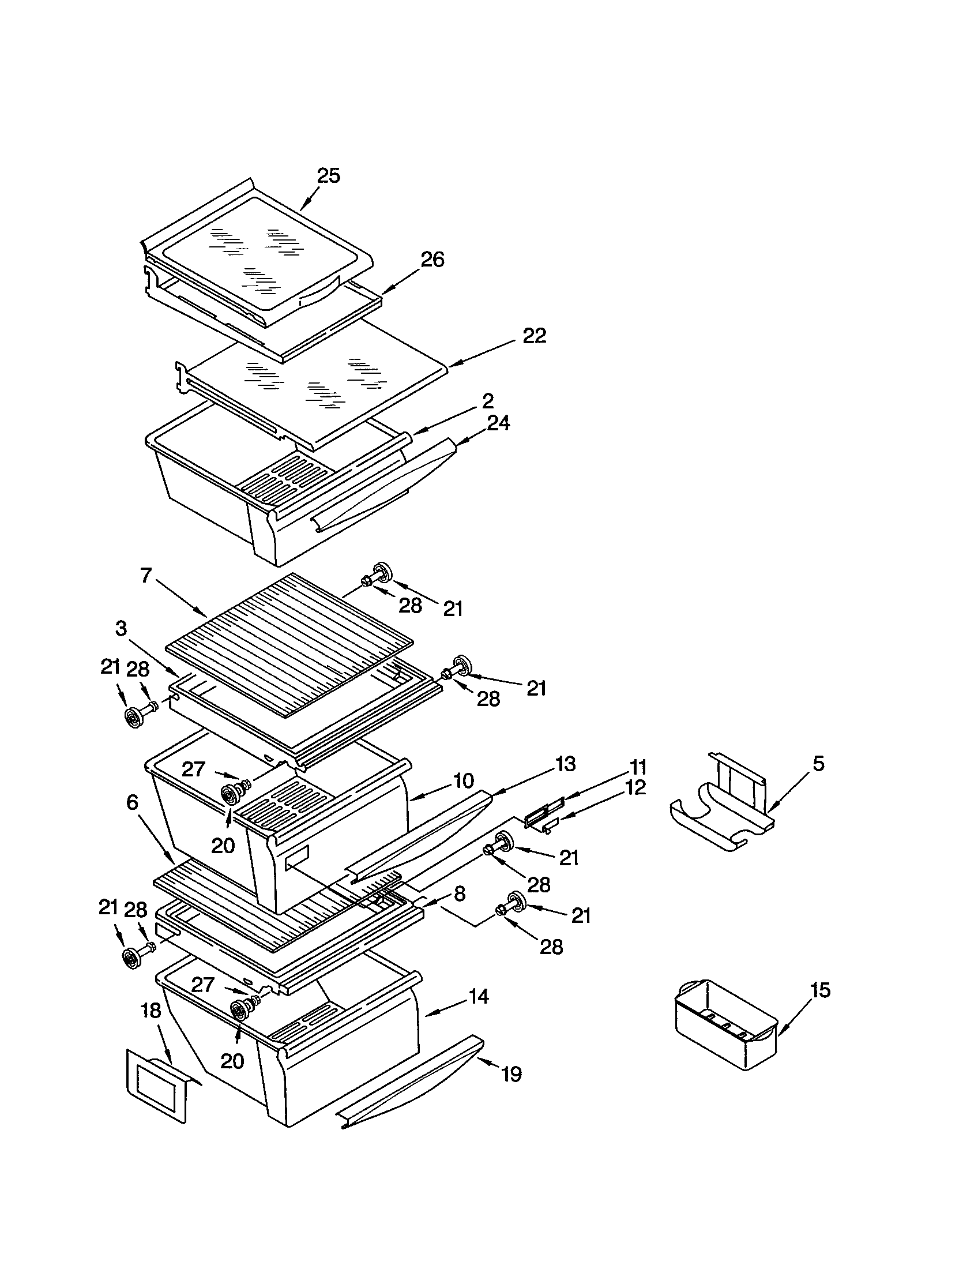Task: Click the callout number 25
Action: (328, 175)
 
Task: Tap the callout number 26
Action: (432, 259)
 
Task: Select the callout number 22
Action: (535, 336)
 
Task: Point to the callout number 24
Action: (498, 423)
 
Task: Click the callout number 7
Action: (146, 575)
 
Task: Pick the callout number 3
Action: (121, 628)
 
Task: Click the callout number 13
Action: (565, 764)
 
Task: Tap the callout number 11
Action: (638, 767)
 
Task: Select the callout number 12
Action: (635, 788)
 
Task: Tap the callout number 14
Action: (479, 997)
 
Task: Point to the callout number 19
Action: (511, 1075)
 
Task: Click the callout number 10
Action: (464, 780)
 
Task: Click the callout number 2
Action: (488, 400)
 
